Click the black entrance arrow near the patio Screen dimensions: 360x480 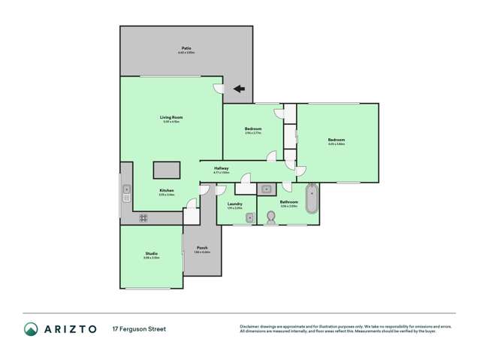pyautogui.click(x=239, y=89)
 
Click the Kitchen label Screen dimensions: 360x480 pyautogui.click(x=166, y=191)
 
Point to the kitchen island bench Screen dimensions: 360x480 pyautogui.click(x=168, y=169)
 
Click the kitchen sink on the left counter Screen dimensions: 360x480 pyautogui.click(x=127, y=189)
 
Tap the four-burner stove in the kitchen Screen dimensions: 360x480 pyautogui.click(x=143, y=218)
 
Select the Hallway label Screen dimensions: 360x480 pyautogui.click(x=221, y=168)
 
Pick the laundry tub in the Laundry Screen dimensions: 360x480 pyautogui.click(x=251, y=217)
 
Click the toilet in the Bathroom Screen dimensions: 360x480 pyautogui.click(x=272, y=217)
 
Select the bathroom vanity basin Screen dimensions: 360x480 pyautogui.click(x=266, y=189)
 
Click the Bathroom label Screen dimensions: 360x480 pyautogui.click(x=288, y=202)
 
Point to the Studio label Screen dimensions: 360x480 pyautogui.click(x=152, y=255)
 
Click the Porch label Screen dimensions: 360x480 pyautogui.click(x=201, y=249)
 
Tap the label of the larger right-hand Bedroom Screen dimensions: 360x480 pyautogui.click(x=335, y=141)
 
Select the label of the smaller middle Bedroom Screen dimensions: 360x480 pyautogui.click(x=252, y=129)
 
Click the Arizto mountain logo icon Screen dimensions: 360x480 pyautogui.click(x=31, y=329)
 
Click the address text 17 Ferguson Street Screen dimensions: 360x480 pyautogui.click(x=139, y=329)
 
